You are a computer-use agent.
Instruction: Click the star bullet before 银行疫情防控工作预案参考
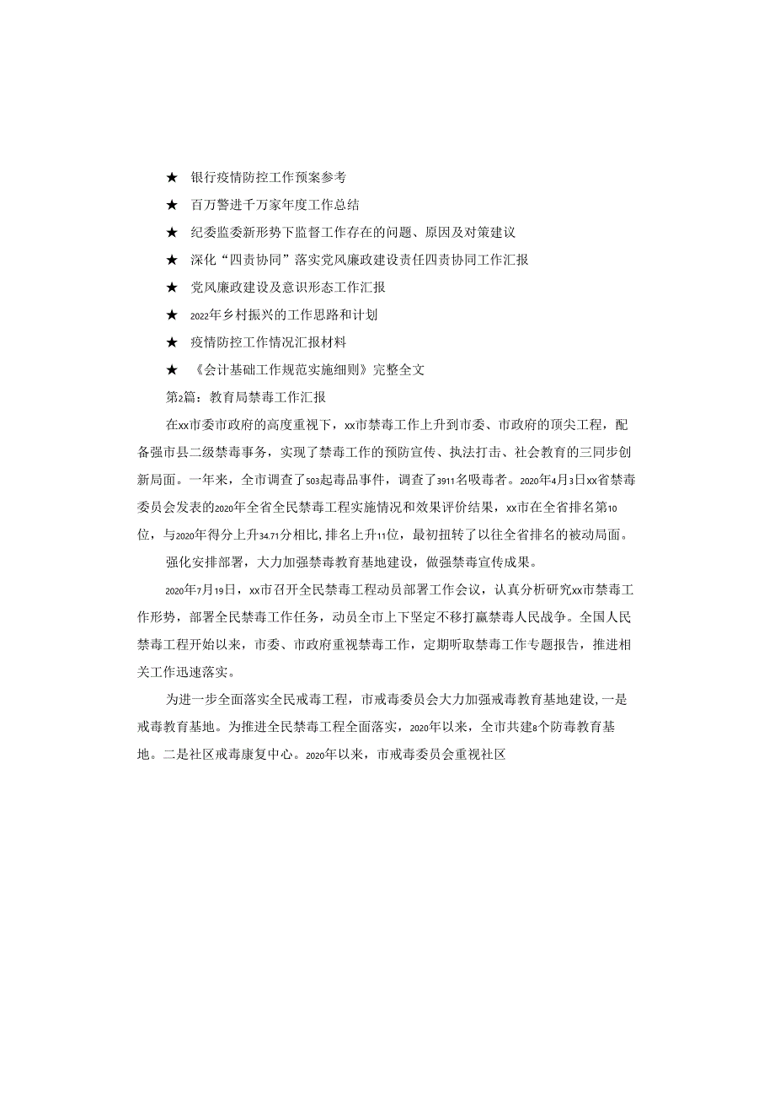click(x=172, y=178)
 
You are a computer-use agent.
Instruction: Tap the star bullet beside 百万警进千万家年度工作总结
click(x=172, y=205)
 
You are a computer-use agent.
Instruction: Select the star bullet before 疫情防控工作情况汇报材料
click(x=172, y=341)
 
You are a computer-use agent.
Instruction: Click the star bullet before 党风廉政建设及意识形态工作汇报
click(x=172, y=288)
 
